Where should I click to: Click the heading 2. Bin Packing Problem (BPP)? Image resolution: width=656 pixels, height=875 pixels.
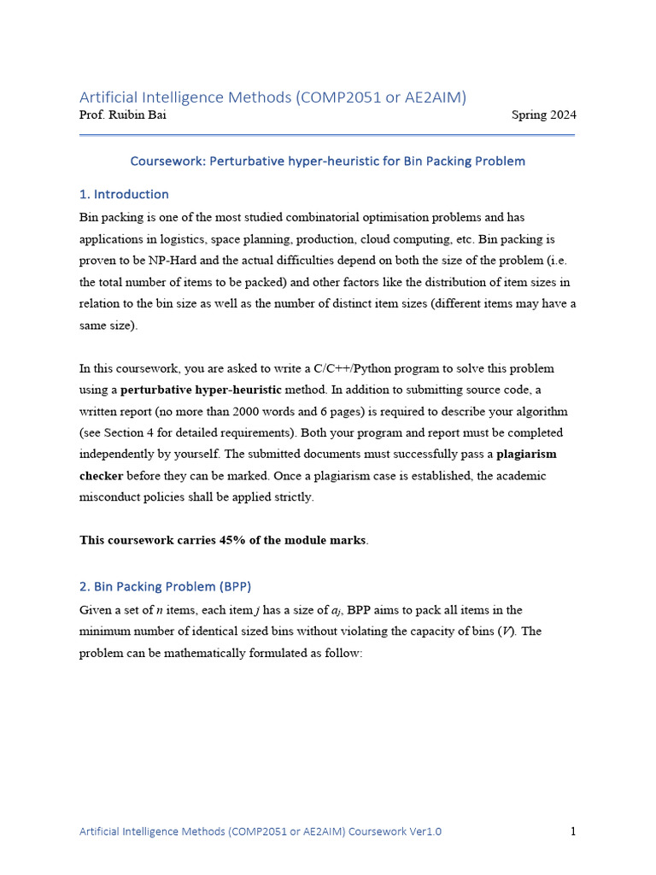[x=166, y=586]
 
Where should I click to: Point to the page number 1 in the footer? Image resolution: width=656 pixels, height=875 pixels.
[x=572, y=831]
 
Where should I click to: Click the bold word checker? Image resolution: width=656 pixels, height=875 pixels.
[x=102, y=475]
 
